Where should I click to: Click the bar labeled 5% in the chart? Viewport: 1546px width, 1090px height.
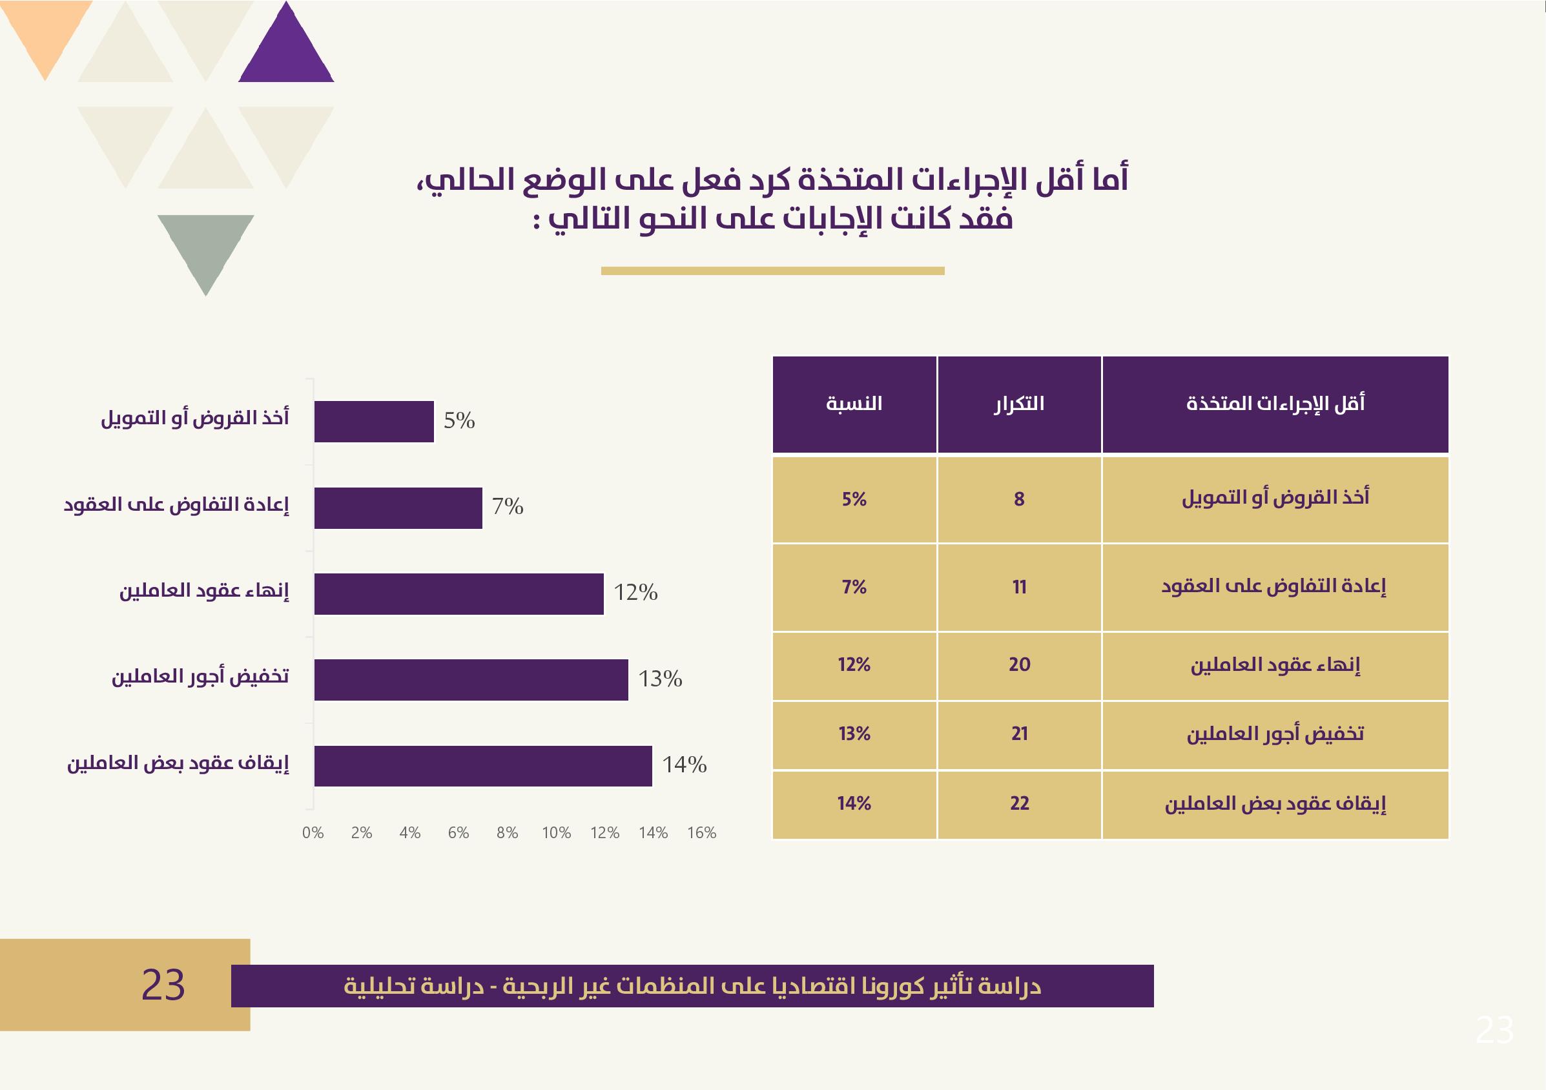tap(374, 422)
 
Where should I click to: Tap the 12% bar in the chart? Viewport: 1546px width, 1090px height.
tap(459, 594)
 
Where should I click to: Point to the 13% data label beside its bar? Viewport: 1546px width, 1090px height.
tap(660, 679)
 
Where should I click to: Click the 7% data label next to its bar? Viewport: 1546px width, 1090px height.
tap(508, 506)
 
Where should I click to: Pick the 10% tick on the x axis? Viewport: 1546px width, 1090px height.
tap(556, 833)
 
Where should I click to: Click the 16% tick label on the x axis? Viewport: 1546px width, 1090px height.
tap(701, 833)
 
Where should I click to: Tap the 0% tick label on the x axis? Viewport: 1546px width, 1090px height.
tap(313, 833)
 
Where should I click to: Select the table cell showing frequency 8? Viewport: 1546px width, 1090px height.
tap(1019, 499)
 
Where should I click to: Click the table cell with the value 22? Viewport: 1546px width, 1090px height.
tap(1019, 803)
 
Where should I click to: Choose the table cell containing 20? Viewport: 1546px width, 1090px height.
tap(1019, 664)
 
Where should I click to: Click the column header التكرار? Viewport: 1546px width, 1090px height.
tap(1019, 404)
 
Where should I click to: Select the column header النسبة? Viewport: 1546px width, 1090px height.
tap(854, 404)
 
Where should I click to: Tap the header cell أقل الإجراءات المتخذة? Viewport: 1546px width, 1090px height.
tap(1275, 404)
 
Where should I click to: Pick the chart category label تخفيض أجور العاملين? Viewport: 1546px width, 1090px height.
tap(200, 677)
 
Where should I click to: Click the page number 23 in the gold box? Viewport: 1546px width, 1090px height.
tap(163, 985)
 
